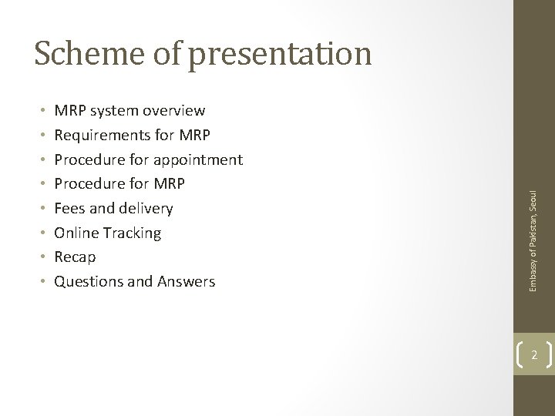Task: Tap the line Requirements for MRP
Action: click(131, 136)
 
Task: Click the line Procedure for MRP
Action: click(119, 184)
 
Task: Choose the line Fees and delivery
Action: click(113, 209)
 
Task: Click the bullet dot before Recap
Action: click(39, 257)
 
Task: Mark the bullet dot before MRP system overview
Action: click(39, 111)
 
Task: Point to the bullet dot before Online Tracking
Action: click(39, 233)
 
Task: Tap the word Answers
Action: click(187, 282)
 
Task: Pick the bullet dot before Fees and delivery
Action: click(39, 209)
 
